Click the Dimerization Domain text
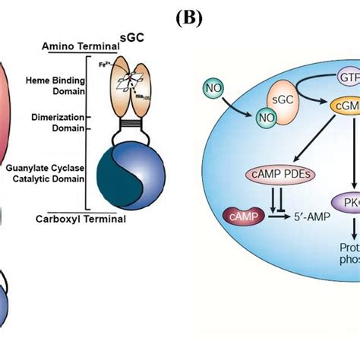click(x=57, y=123)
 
